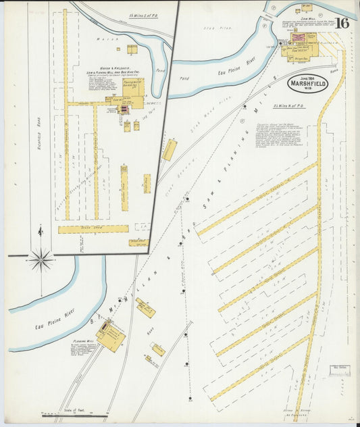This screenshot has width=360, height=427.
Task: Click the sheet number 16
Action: pos(342,22)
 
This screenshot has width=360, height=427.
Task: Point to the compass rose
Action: pos(41,257)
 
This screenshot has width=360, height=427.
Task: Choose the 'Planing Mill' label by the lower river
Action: pos(82,342)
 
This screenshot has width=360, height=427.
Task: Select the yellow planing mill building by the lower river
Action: pos(110,336)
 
